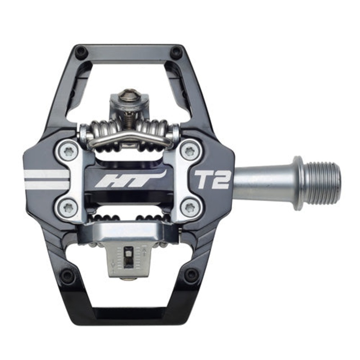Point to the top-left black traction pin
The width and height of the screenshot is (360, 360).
point(81,52)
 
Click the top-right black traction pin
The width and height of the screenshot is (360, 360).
point(176,52)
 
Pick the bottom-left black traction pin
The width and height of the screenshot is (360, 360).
point(67,275)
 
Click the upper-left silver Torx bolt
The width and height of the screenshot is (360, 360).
point(68,152)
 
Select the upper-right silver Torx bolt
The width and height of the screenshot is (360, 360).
point(190,152)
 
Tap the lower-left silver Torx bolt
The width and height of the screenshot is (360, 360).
point(68,207)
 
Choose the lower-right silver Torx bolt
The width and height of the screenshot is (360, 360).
point(190,207)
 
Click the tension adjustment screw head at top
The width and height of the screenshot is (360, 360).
point(129,96)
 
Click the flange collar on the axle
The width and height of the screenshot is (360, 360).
point(297,183)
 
